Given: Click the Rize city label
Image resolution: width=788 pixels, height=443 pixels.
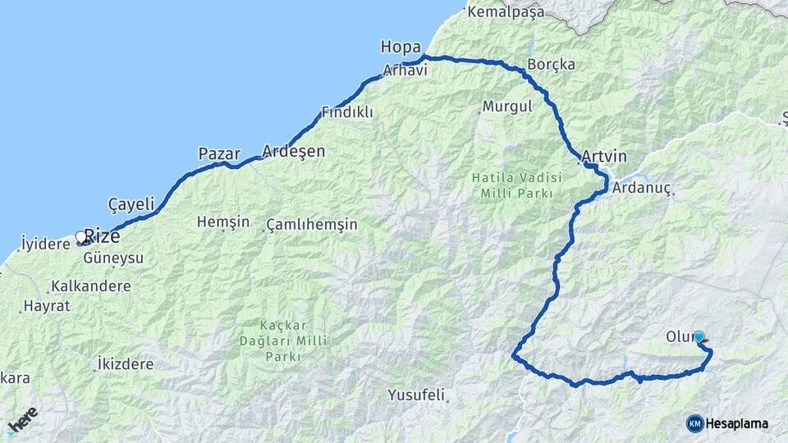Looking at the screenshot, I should click(x=103, y=236).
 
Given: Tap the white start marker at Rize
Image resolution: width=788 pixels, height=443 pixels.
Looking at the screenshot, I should click(x=80, y=237).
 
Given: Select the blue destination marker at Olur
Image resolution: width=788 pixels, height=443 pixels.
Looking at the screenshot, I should click(x=699, y=336).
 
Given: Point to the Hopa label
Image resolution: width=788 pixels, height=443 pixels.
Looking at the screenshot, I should click(x=401, y=47).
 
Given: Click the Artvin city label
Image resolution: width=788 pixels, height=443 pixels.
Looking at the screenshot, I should click(x=604, y=156).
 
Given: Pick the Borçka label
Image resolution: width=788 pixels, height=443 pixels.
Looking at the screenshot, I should click(x=552, y=64).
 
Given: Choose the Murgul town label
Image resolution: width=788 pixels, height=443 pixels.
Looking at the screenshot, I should click(x=507, y=107).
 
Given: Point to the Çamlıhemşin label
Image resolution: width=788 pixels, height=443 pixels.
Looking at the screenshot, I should click(x=312, y=225).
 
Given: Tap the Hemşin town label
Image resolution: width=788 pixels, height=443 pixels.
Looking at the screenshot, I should click(x=223, y=221).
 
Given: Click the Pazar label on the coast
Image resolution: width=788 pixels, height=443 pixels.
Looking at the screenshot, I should click(x=219, y=153).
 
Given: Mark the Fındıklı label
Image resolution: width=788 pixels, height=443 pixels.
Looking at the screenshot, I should click(x=347, y=112).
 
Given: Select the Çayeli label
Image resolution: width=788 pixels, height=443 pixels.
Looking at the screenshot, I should click(x=131, y=203).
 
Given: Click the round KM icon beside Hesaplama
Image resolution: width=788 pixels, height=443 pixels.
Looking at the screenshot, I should click(x=694, y=423).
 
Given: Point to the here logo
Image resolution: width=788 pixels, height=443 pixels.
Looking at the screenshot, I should click(x=22, y=419).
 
